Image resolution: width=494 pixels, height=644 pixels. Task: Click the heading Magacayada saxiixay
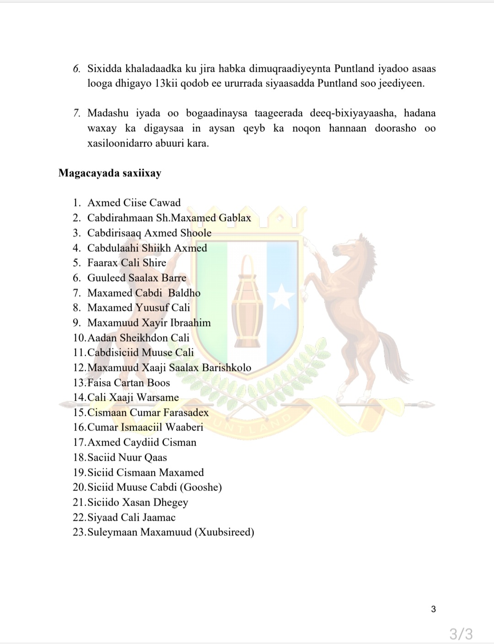tap(110, 173)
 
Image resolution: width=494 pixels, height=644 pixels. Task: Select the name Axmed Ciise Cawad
tap(134, 202)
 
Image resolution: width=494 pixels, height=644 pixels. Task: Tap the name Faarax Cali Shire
tap(127, 262)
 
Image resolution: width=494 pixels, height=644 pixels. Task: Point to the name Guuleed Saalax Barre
tap(137, 278)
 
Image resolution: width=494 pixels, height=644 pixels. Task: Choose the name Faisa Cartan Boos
tap(129, 382)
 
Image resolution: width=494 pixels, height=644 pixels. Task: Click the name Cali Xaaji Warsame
tap(133, 397)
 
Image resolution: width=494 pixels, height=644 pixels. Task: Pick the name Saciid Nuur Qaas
tap(127, 457)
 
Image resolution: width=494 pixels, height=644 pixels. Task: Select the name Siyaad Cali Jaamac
tap(131, 517)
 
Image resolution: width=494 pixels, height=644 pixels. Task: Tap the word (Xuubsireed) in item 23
tap(224, 532)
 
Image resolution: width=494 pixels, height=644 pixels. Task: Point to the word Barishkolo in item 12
tap(226, 367)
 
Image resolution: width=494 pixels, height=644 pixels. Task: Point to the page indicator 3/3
tap(461, 634)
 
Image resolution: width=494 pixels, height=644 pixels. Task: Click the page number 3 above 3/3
tap(433, 609)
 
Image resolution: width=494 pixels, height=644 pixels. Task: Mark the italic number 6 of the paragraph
tap(77, 69)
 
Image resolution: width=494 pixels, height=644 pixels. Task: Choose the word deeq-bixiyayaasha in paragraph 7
tap(347, 113)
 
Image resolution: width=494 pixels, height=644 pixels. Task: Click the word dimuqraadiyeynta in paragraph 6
tap(290, 69)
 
